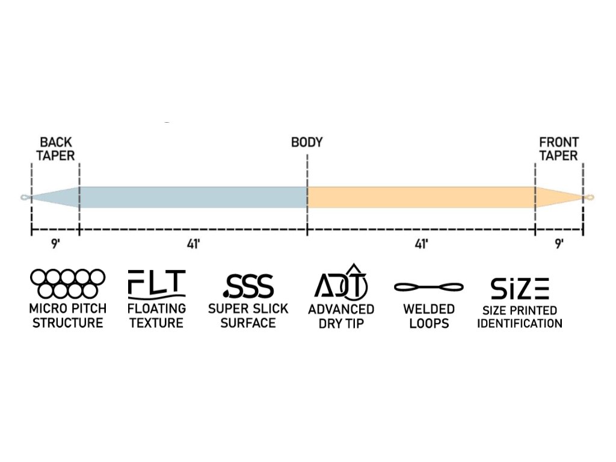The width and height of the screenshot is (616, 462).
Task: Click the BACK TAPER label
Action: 57,149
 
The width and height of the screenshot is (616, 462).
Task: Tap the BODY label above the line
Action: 307,143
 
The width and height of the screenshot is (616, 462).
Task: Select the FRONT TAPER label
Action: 558,149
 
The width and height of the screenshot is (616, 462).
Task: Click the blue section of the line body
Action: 192,197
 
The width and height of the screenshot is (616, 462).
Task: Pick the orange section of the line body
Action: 421,197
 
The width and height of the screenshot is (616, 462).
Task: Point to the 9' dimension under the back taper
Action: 55,244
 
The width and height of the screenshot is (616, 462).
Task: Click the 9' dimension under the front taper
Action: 559,244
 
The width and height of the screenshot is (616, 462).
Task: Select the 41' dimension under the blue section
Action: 192,244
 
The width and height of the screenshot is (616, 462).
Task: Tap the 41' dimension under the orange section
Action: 421,244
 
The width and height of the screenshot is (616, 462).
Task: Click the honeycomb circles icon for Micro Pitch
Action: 68,283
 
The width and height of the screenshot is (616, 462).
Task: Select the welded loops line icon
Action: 429,287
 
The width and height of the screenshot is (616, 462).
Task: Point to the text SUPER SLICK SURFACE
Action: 248,316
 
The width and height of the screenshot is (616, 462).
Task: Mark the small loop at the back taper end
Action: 23,197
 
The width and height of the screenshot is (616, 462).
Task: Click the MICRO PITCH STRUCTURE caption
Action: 68,316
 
